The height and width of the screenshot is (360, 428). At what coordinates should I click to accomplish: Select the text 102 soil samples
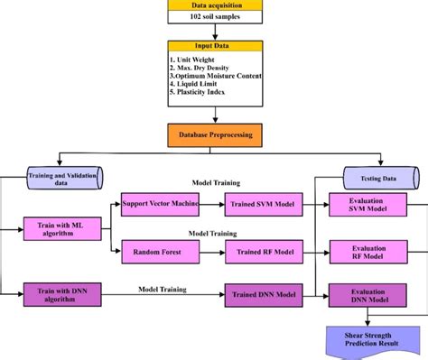pos(214,17)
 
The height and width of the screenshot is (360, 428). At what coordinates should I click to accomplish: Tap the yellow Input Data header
pos(215,45)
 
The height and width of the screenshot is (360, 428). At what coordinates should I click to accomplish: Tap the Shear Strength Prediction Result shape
pos(367,340)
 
